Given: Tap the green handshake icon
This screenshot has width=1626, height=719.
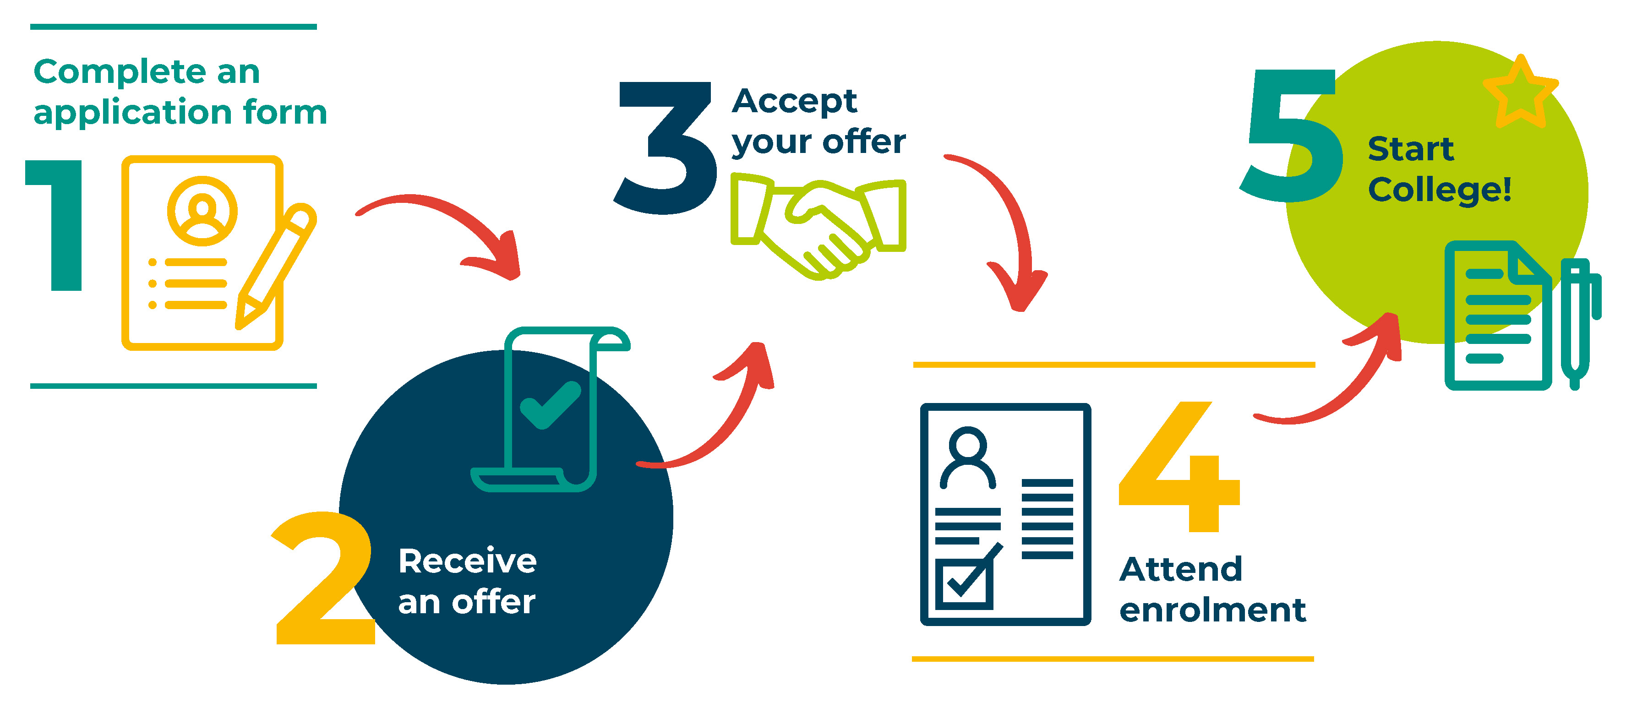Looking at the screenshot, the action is [818, 227].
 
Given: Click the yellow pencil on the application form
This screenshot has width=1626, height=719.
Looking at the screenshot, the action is [276, 266].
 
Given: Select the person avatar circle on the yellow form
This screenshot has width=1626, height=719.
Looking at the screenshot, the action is [202, 210].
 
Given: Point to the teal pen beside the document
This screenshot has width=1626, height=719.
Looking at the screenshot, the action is [1580, 322].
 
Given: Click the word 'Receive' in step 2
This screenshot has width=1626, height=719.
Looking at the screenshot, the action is [468, 561].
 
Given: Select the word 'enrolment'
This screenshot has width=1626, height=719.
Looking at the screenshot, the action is [1212, 610].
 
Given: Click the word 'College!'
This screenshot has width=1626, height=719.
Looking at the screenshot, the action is [1440, 190].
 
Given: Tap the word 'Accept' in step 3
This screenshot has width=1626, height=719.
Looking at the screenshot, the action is [795, 101].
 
